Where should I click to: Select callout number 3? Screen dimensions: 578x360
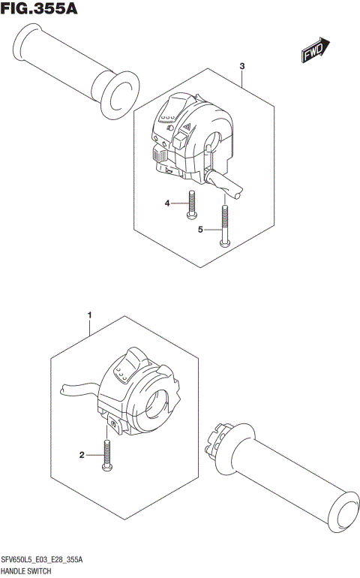[243, 67]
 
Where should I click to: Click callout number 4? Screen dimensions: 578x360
[169, 203]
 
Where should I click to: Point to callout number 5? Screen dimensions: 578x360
[200, 229]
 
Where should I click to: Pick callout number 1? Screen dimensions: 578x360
[89, 315]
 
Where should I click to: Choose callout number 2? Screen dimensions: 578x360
[82, 454]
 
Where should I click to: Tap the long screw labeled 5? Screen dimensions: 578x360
[223, 224]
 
